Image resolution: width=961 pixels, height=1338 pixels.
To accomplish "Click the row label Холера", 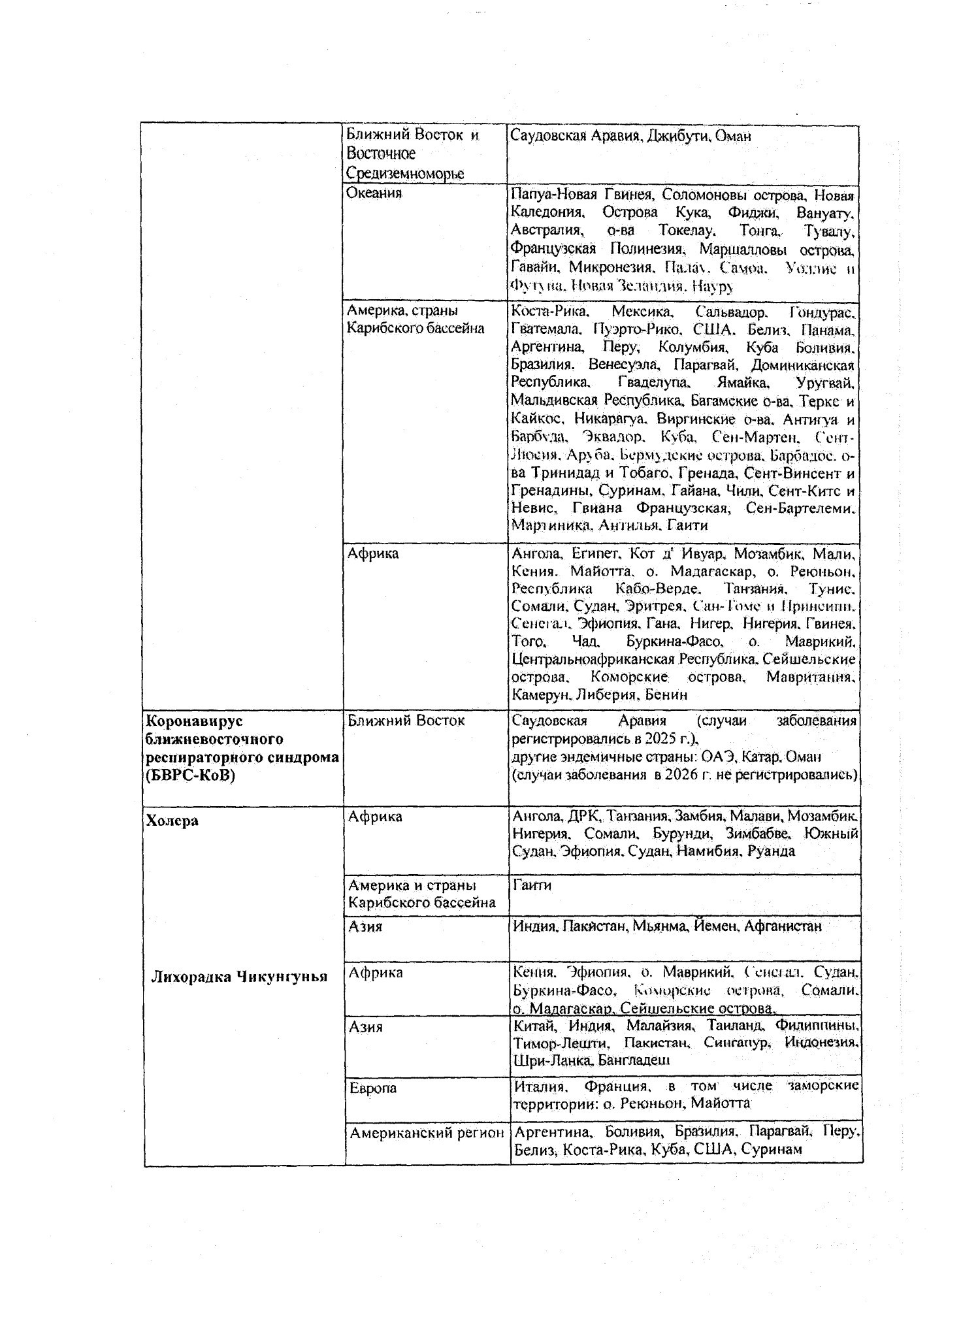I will [172, 821].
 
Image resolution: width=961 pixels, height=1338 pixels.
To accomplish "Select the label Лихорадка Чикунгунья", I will [239, 977].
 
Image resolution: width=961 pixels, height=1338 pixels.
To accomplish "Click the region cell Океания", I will [374, 193].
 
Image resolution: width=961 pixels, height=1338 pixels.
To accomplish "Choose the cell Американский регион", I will [427, 1133].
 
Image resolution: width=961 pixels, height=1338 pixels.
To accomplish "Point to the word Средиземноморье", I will [405, 173].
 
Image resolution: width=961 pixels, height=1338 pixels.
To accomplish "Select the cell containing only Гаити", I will [532, 885].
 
